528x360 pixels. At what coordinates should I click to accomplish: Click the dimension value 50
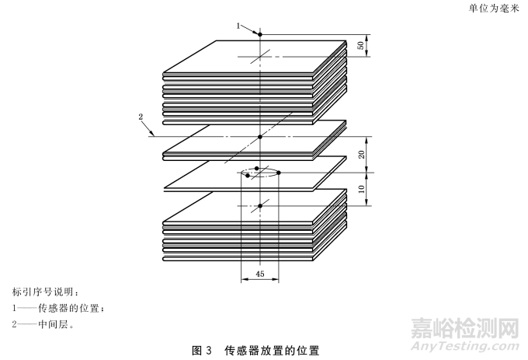[x=360, y=45]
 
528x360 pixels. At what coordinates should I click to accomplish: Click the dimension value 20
[x=360, y=154]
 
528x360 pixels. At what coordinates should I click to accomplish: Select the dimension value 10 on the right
[x=360, y=189]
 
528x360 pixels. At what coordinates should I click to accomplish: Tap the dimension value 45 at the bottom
[x=260, y=273]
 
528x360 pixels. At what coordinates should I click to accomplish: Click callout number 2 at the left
[x=141, y=117]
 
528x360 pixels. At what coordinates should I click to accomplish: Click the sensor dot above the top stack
[x=261, y=34]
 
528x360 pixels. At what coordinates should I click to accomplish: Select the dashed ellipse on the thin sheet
[x=260, y=172]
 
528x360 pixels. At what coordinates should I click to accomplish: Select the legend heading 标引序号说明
[x=44, y=292]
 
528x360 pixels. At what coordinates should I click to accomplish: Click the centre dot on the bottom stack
[x=261, y=205]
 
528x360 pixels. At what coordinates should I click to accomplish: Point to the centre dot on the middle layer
[x=261, y=138]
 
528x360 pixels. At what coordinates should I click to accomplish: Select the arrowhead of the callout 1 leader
[x=257, y=33]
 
